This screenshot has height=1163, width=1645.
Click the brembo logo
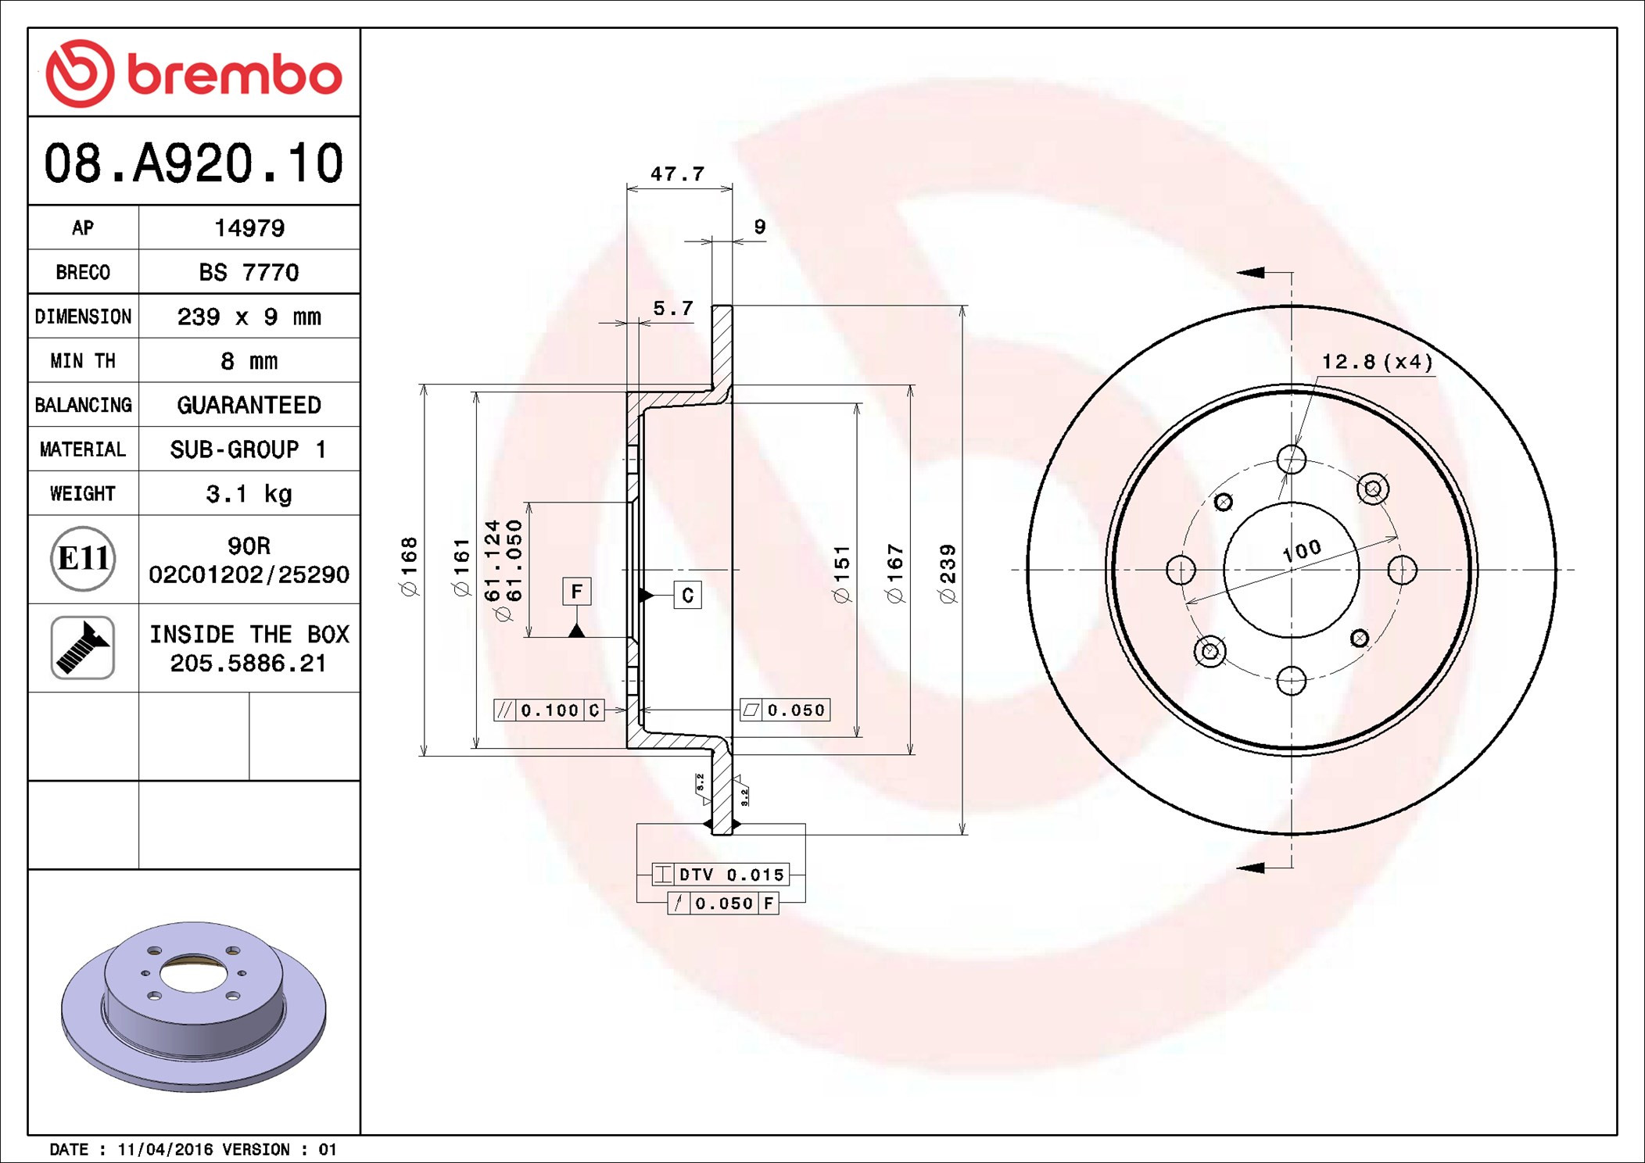193,73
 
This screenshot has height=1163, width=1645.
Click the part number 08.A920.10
193,163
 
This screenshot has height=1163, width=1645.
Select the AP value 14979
249,228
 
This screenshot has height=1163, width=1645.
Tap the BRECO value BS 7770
249,273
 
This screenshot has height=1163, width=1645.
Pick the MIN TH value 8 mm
249,361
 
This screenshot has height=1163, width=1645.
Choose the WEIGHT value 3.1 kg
249,494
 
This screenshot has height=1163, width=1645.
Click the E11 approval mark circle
83,559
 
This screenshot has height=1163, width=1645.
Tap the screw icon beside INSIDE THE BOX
83,648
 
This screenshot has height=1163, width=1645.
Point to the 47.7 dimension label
677,174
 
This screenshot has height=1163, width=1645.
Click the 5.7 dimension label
672,309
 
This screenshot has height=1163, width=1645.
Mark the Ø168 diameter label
409,567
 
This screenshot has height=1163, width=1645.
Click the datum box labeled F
576,592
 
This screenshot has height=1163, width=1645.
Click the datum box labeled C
687,596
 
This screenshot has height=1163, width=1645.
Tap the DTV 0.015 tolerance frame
720,875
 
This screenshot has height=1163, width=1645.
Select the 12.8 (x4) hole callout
1377,362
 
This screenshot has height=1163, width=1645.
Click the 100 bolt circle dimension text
1302,551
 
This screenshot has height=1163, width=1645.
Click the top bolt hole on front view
1291,460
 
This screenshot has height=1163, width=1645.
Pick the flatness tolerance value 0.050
795,710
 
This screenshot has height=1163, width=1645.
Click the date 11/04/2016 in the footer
165,1150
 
